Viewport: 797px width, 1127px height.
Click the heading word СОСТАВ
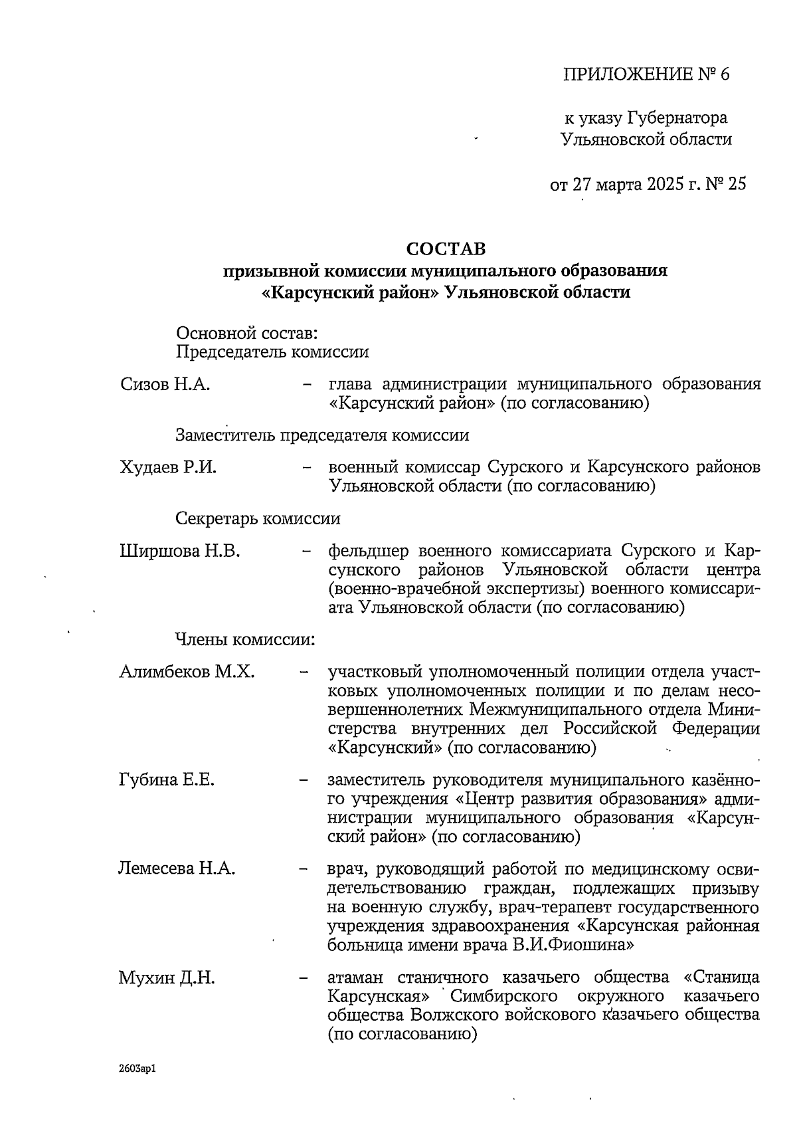pyautogui.click(x=446, y=249)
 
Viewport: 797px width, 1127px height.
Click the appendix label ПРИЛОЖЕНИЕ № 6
pyautogui.click(x=646, y=74)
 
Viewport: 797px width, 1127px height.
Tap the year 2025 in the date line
pyautogui.click(x=664, y=183)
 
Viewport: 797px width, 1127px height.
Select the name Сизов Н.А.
pyautogui.click(x=165, y=384)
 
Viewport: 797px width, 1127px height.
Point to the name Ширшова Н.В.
pyautogui.click(x=179, y=551)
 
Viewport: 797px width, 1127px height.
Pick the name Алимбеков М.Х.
pyautogui.click(x=187, y=672)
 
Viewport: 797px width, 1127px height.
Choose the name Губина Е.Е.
pyautogui.click(x=166, y=779)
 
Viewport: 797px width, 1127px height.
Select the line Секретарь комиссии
pyautogui.click(x=258, y=518)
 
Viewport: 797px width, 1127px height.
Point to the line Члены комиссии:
pyautogui.click(x=244, y=640)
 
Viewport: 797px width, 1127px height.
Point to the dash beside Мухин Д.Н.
pyautogui.click(x=304, y=978)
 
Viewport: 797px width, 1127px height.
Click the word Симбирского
pyautogui.click(x=505, y=996)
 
